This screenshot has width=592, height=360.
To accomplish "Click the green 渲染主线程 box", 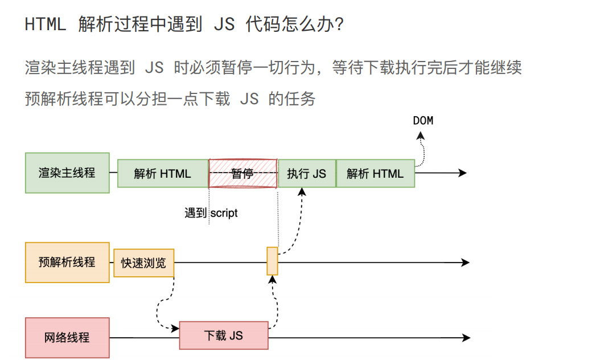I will coord(67,173).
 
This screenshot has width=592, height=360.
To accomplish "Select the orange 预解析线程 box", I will coord(67,262).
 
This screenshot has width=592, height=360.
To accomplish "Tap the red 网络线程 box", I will coord(67,337).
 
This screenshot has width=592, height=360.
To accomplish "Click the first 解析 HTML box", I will coord(163,173).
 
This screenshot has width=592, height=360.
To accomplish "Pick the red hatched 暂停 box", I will coord(243,173).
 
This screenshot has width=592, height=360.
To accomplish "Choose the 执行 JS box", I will coord(307,173).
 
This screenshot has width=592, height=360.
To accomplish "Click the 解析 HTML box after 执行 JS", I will coord(375,173).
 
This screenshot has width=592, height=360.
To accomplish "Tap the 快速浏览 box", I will coord(143,263).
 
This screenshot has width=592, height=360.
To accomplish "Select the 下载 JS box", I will coord(224,336).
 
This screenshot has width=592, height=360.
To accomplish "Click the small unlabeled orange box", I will coord(272,261).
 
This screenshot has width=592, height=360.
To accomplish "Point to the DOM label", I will coord(422,120).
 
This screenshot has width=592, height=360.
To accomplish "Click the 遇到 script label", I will coord(211,213).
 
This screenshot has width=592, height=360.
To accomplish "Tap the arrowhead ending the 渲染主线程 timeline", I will coord(463,173).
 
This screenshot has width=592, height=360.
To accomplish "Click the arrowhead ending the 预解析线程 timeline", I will coord(465,262).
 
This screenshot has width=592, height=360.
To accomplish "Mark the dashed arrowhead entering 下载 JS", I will coord(175,329).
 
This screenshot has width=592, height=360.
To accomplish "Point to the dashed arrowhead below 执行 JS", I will coord(302,192).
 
